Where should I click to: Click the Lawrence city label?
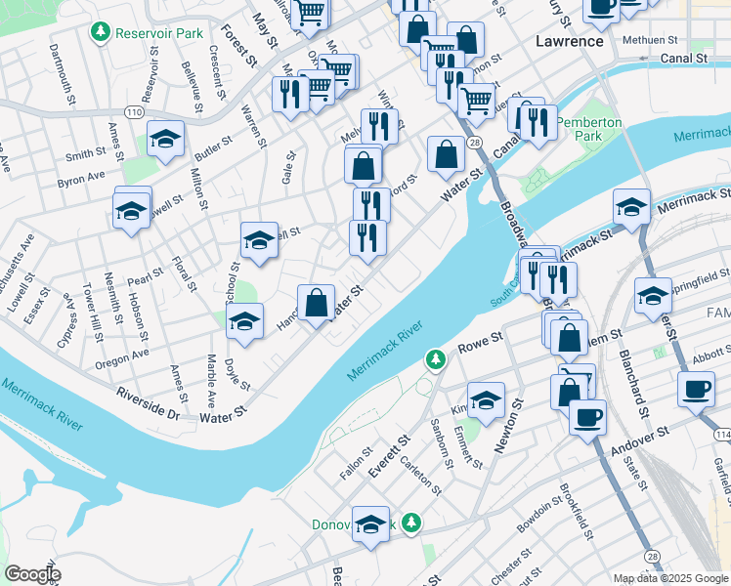570,41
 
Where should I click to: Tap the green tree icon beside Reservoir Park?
100,33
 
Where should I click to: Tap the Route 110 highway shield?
134,113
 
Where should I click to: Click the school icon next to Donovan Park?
370,524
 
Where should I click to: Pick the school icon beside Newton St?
486,399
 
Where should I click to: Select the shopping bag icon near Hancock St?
317,303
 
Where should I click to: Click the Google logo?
33,573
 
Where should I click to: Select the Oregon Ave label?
122,358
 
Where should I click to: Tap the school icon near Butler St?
166,140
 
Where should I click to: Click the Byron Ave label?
81,179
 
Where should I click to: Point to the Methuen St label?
653,40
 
